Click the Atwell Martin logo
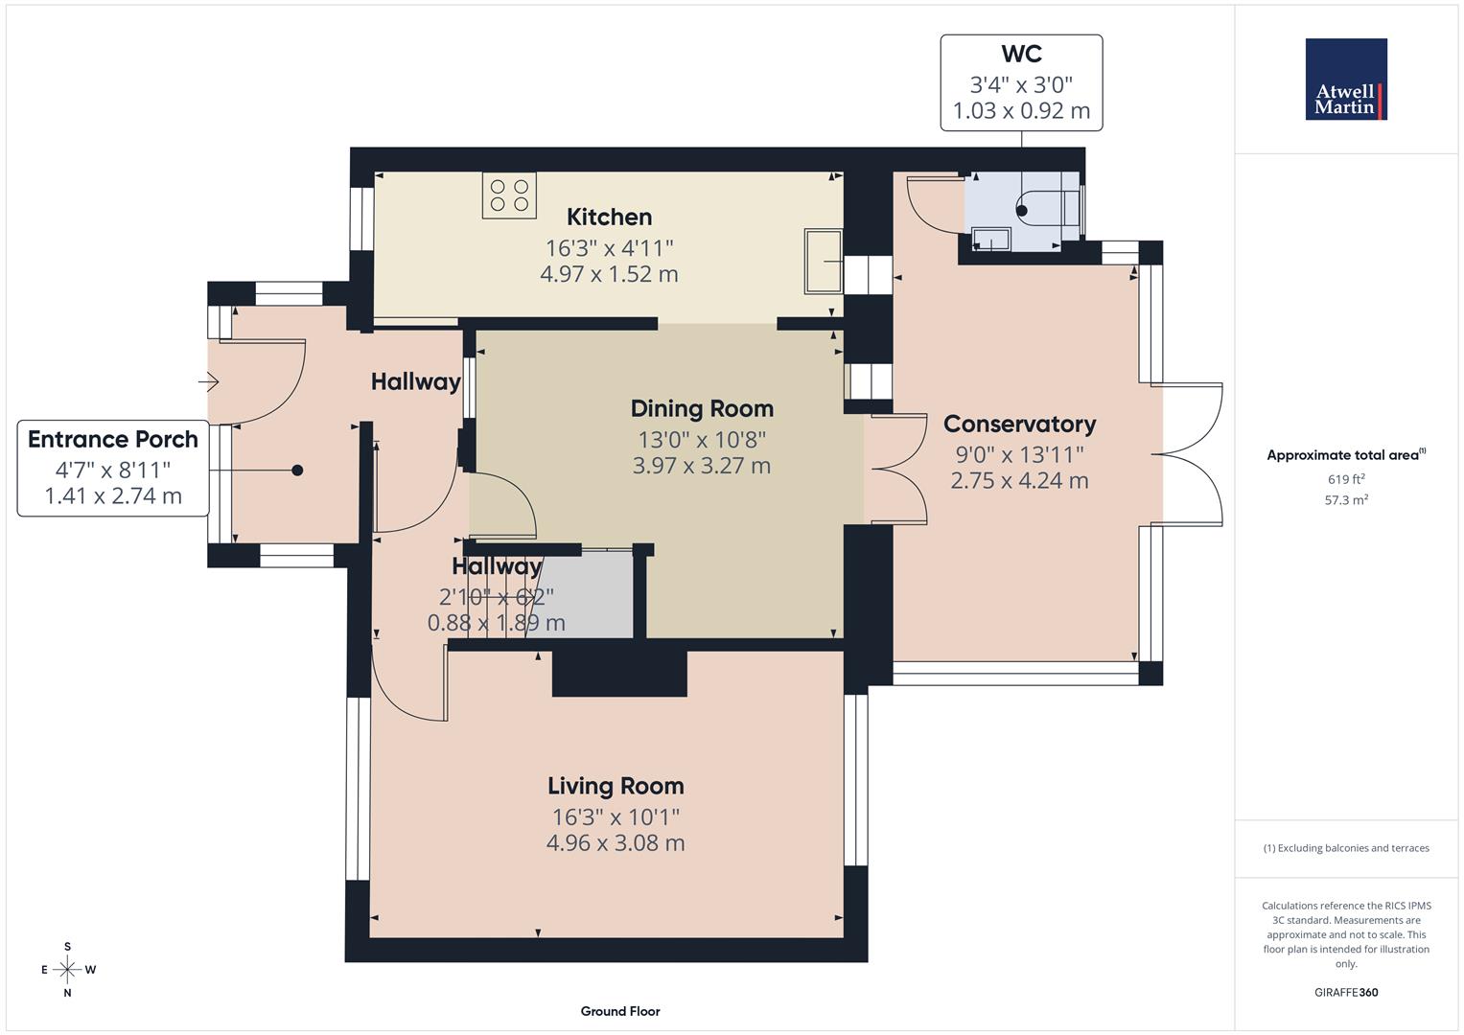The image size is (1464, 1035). click(1346, 80)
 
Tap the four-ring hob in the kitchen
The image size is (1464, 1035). click(509, 195)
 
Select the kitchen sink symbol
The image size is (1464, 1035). click(823, 261)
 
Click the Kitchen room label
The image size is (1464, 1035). click(609, 217)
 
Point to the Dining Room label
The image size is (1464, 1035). click(702, 408)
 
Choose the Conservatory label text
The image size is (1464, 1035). click(1019, 424)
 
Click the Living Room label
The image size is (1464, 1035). click(616, 786)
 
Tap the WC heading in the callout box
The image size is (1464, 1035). click(1021, 55)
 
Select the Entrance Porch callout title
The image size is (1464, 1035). click(113, 439)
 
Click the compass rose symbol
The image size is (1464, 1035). click(67, 970)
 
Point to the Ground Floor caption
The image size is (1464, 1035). click(620, 1011)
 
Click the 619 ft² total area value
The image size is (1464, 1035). click(1346, 479)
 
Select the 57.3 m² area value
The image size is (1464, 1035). click(1346, 499)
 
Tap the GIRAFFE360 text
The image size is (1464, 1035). click(1346, 992)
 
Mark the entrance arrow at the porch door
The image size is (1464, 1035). click(209, 383)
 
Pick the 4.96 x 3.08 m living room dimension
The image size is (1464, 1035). click(616, 843)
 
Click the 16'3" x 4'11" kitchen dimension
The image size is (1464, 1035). click(609, 247)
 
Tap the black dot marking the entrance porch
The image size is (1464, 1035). click(297, 470)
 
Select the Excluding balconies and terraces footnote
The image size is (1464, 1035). click(1346, 848)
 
